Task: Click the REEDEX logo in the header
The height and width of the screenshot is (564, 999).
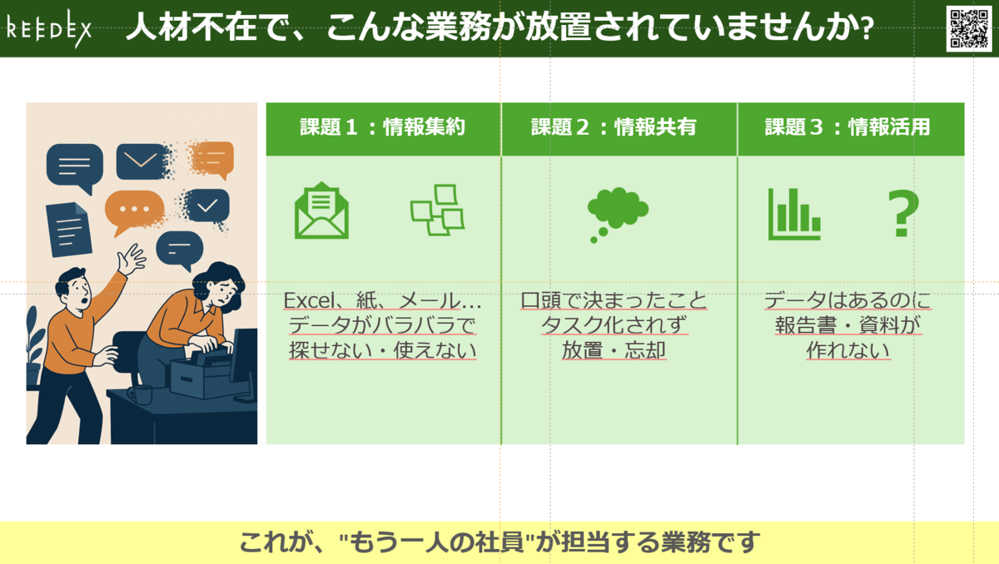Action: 49,29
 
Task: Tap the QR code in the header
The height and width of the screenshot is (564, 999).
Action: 969,28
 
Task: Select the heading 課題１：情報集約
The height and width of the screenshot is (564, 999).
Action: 383,127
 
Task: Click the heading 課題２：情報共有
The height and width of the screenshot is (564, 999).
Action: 614,127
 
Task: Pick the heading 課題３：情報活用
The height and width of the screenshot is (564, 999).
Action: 847,127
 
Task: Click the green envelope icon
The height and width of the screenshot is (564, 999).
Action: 321,210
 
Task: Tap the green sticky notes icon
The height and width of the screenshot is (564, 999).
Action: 438,210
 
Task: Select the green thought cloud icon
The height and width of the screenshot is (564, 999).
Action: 618,215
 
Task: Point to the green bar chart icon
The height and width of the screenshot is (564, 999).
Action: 794,215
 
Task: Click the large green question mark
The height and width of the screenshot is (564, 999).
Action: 903,213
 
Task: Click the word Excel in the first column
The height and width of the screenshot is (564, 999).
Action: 310,300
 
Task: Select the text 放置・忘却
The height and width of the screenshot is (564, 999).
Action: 614,350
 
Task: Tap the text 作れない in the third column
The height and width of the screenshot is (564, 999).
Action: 847,350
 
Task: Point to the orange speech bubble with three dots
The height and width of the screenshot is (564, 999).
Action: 134,210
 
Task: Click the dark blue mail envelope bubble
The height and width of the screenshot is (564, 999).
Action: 142,161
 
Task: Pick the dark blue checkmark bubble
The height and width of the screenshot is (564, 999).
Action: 207,205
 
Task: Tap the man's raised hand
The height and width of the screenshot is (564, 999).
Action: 132,260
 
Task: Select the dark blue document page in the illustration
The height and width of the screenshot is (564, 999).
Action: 68,230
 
